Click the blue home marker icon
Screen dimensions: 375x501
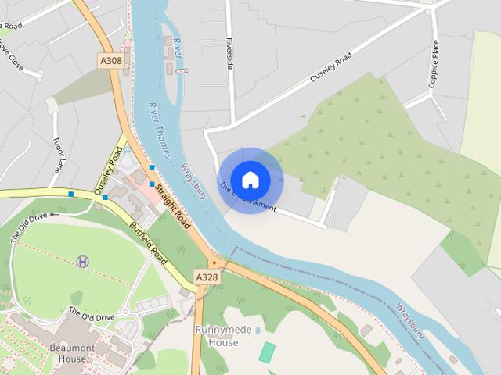[250, 180]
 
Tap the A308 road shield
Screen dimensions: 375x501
[111, 59]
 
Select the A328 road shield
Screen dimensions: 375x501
[207, 277]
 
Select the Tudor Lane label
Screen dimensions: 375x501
[57, 156]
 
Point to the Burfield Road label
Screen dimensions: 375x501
[149, 243]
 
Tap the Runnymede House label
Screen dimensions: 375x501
[217, 336]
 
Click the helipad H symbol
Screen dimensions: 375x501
[83, 261]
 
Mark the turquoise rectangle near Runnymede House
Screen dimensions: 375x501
[268, 352]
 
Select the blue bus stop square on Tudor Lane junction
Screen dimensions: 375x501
[71, 193]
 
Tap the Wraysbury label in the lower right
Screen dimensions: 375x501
[409, 321]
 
